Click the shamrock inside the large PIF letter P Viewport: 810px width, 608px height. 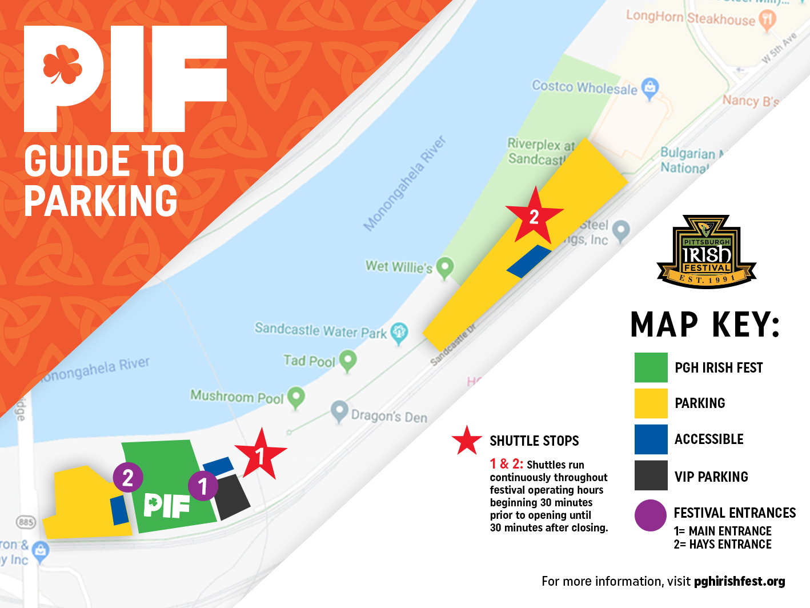tap(62, 64)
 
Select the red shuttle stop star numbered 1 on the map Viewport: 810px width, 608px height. tap(260, 455)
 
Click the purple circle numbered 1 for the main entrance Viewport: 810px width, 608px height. tap(203, 486)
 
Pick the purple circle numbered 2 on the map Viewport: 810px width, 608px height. tap(128, 477)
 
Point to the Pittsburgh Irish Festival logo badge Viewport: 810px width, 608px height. tap(707, 252)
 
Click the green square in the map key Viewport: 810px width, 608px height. tap(651, 367)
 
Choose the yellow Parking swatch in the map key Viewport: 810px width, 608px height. tap(651, 403)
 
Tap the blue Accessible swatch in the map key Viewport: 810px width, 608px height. tap(651, 439)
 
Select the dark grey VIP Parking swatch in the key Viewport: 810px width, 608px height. tap(651, 475)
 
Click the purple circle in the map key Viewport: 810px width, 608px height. tap(651, 515)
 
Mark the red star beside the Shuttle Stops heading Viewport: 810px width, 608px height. tap(467, 441)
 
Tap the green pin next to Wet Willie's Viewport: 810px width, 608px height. tap(445, 267)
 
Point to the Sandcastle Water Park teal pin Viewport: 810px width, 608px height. tap(399, 332)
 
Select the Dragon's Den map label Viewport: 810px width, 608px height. tap(389, 416)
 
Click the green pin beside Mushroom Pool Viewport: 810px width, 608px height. tap(295, 397)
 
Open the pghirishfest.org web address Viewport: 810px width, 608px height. tap(739, 582)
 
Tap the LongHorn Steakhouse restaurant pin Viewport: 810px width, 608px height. tap(767, 20)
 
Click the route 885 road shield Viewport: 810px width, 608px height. tap(26, 522)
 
